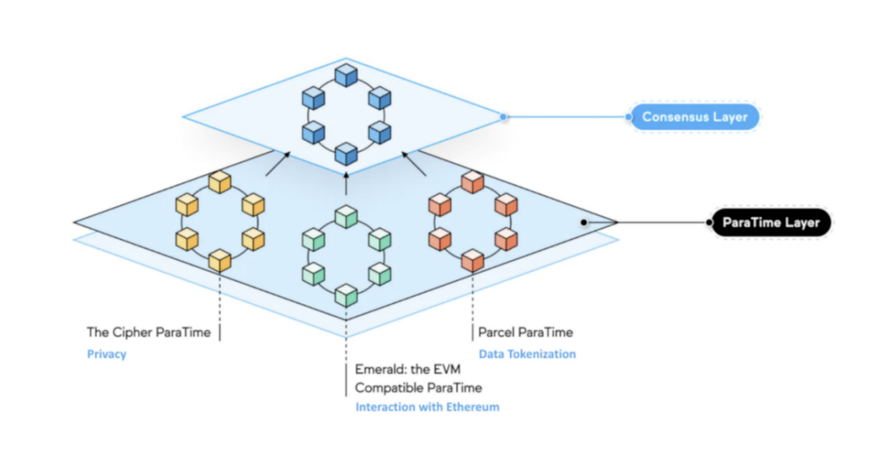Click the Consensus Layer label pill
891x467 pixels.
pyautogui.click(x=695, y=117)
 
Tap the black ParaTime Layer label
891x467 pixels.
pyautogui.click(x=771, y=223)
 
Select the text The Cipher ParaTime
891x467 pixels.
pyautogui.click(x=149, y=332)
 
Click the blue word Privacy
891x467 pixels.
pyautogui.click(x=107, y=354)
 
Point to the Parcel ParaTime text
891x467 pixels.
pyautogui.click(x=526, y=332)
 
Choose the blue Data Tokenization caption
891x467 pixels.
pyautogui.click(x=527, y=354)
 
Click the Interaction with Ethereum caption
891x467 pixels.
pyautogui.click(x=427, y=407)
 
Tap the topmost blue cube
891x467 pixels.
pyautogui.click(x=346, y=75)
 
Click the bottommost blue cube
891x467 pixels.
pyautogui.click(x=346, y=154)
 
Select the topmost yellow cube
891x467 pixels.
pyautogui.click(x=220, y=182)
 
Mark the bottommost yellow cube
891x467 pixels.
pyautogui.click(x=220, y=260)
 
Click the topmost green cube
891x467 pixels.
pyautogui.click(x=346, y=217)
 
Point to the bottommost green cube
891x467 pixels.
pyautogui.click(x=346, y=295)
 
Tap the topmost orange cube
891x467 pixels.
pyautogui.click(x=472, y=182)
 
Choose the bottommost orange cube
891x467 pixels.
pyautogui.click(x=472, y=260)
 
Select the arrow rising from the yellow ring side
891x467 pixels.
pyautogui.click(x=277, y=164)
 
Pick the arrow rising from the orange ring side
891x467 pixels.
pyautogui.click(x=414, y=164)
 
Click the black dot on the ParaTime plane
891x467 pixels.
pyautogui.click(x=584, y=223)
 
